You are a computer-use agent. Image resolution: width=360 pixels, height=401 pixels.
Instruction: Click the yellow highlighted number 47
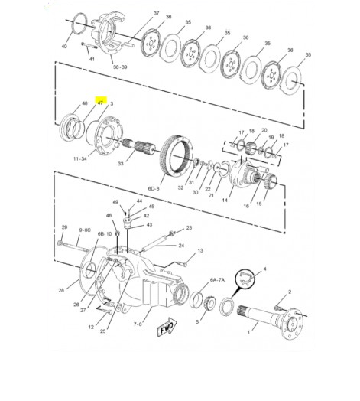pos(101,103)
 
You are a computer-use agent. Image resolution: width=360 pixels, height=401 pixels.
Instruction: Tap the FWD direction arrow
pos(167,328)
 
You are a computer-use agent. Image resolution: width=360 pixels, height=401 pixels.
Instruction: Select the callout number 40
pos(64,46)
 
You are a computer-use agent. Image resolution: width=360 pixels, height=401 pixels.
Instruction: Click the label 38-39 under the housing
pos(120,67)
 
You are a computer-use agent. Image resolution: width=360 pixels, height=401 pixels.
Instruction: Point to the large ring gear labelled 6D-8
pos(177,155)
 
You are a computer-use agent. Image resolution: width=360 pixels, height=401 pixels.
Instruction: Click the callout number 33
pos(121,163)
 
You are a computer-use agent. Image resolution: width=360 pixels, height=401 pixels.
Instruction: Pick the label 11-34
pos(80,159)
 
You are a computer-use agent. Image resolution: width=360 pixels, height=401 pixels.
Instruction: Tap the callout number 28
pos(61,290)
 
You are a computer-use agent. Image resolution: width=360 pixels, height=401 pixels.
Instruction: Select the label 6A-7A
pos(217,280)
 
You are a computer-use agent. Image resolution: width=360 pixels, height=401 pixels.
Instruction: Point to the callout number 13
pos(200,251)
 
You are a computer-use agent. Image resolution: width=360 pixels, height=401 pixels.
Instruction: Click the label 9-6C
pos(85,230)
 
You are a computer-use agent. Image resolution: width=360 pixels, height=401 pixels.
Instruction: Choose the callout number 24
pos(181,246)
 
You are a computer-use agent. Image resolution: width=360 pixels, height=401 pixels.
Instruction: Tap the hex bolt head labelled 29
pos(60,243)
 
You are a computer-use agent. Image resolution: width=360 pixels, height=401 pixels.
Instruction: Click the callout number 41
pos(92,59)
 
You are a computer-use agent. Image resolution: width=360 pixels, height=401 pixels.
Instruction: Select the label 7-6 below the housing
pos(138,324)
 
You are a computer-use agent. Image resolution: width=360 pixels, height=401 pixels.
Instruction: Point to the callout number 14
pos(225,200)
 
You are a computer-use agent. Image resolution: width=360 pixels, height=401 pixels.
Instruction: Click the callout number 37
pos(157,13)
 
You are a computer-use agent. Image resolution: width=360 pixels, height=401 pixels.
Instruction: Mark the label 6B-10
pos(105,234)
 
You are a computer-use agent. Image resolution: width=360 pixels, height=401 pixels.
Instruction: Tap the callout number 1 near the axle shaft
pos(248,332)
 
